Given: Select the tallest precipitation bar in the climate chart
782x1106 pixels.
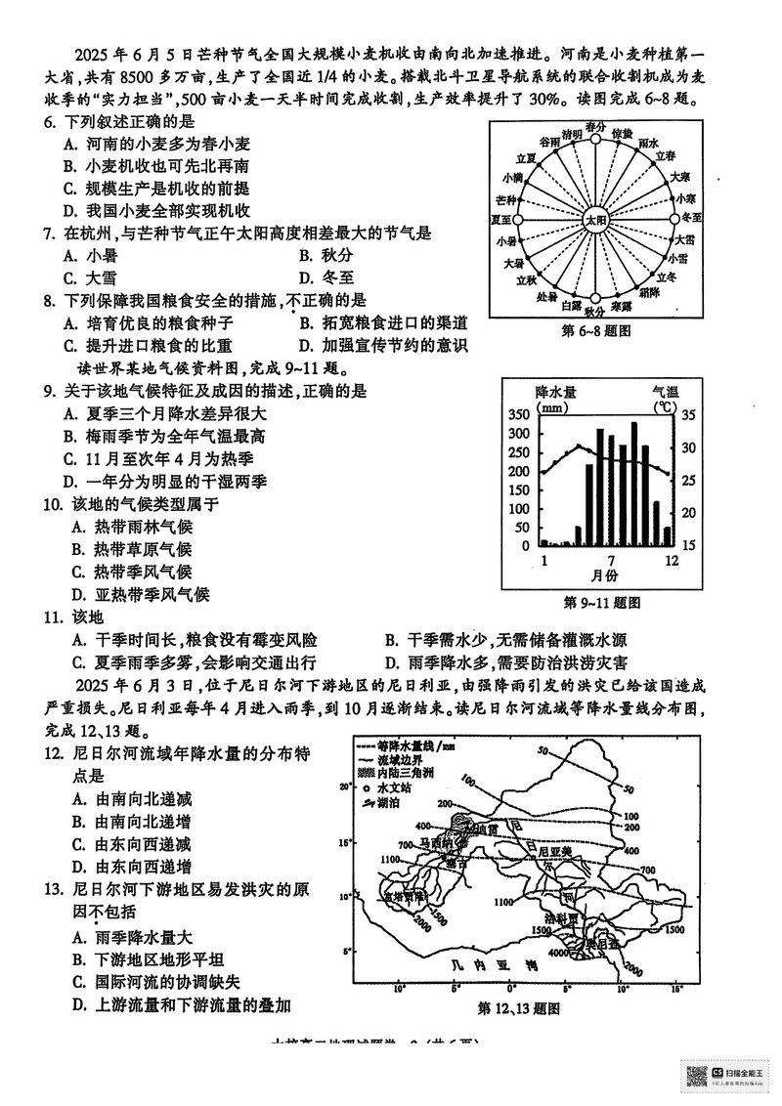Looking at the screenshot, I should [634, 484].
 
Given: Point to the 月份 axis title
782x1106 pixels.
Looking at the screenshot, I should [608, 578].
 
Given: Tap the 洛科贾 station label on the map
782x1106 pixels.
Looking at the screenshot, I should [564, 919].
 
